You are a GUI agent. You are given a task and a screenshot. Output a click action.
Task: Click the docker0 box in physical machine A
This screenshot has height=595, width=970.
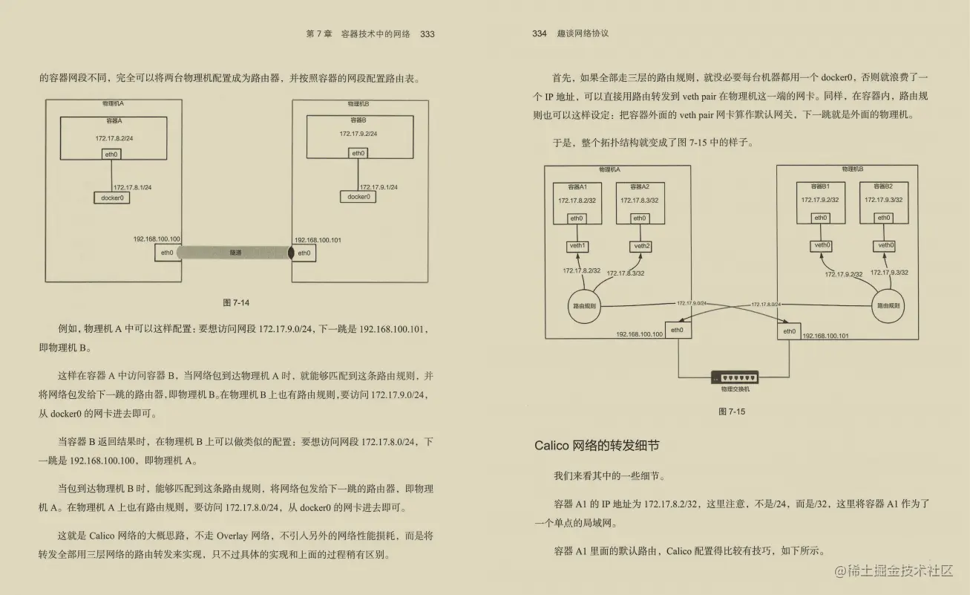coord(111,198)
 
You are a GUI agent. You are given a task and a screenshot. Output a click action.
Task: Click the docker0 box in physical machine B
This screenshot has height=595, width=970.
coord(358,197)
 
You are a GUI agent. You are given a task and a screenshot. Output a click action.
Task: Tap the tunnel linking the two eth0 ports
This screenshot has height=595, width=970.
coord(234,253)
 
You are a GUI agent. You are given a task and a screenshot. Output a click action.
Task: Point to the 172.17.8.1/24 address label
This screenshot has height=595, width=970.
coord(133,187)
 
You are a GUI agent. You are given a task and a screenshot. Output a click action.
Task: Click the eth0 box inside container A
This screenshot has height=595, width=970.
coord(111,155)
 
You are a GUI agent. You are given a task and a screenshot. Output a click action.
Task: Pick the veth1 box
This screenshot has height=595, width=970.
coord(577,246)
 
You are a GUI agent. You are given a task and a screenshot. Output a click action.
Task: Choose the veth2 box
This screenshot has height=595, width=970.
coord(641,246)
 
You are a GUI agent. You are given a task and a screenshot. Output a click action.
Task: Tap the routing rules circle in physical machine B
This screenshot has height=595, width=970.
coord(889,305)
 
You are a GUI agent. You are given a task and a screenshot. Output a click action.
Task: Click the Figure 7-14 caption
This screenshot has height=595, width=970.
coord(237,302)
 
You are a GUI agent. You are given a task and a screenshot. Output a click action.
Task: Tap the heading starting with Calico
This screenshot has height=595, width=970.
coord(597,446)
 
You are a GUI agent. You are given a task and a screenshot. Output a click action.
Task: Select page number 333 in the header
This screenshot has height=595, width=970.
coord(427,33)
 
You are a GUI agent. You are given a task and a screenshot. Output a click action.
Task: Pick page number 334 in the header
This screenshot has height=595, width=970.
coord(540,33)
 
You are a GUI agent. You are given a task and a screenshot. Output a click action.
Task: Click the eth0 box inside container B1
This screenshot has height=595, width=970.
coord(820,218)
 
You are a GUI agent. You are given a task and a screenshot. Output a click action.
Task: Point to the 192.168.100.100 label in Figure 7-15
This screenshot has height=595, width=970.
coord(639,335)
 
